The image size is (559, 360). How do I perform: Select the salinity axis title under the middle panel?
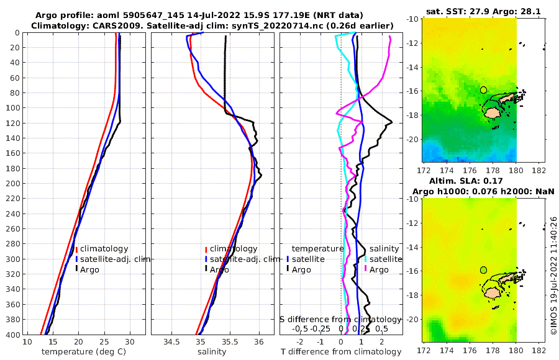[x=211, y=352]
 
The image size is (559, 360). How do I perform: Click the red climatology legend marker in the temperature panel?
[x=76, y=249]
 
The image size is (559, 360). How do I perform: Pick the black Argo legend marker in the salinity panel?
[x=205, y=269]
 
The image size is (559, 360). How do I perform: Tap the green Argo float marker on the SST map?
[x=483, y=90]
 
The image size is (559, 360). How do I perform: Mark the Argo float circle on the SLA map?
[x=483, y=270]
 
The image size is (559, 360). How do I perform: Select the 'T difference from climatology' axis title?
[x=342, y=352]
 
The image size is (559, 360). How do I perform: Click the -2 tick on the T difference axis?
[x=300, y=342]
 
